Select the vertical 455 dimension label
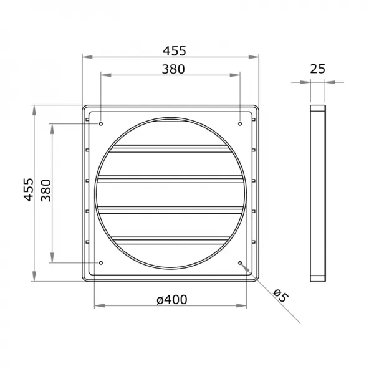[x=28, y=189]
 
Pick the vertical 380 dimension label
[x=46, y=189]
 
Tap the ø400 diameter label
[x=172, y=300]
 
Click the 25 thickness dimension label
[x=317, y=69]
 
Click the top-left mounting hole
[x=100, y=123]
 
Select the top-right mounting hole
[x=240, y=123]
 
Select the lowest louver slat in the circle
[x=171, y=238]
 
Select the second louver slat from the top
[x=171, y=180]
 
